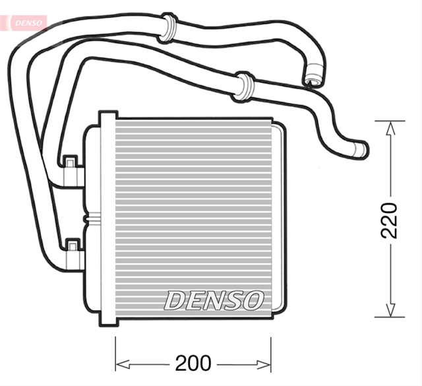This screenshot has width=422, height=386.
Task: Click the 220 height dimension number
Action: pos(390,220)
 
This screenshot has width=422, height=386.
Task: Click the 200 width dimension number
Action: pos(193,363)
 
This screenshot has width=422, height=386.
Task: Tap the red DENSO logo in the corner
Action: pos(28,23)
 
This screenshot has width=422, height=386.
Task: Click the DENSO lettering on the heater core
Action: pos(214,300)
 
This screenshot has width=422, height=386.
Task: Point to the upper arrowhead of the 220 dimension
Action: pos(390,129)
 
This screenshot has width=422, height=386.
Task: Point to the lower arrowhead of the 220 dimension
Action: pos(390,309)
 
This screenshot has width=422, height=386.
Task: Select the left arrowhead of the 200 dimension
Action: pos(123,365)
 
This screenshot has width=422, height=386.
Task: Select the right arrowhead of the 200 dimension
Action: pos(263,365)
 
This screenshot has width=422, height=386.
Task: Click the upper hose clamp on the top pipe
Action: pos(167,28)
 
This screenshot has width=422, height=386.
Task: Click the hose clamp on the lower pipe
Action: pos(243,86)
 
